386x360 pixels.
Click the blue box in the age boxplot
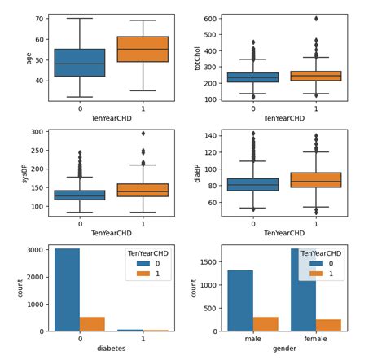pos(80,63)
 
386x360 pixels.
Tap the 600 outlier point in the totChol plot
pos(316,18)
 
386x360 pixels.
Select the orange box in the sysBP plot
pos(143,190)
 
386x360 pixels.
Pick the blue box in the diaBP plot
pos(253,184)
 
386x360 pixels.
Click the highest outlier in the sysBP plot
pos(143,134)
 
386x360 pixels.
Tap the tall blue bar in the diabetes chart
pos(68,289)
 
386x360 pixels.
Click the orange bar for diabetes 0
pos(92,324)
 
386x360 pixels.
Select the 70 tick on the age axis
pos(38,19)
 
